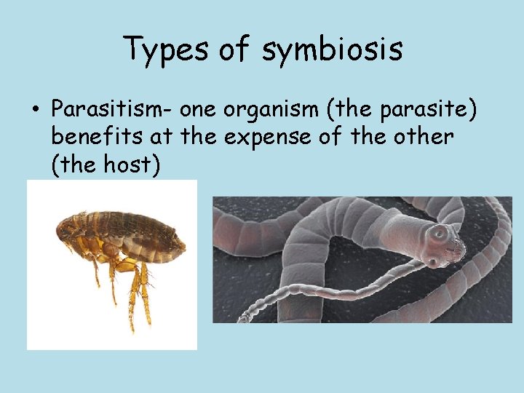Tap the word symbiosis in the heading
333,49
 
